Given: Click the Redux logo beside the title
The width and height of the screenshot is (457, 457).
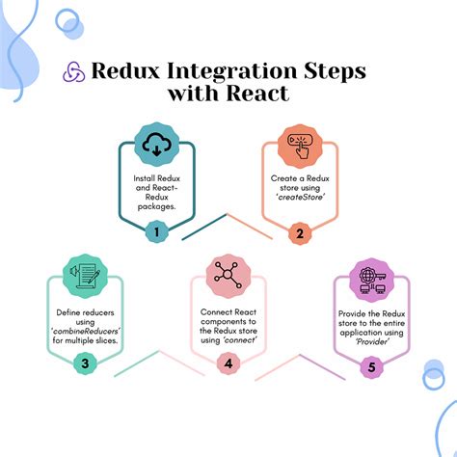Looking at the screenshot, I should point(73,72).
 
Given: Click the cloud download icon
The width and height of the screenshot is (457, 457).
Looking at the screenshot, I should point(156,145).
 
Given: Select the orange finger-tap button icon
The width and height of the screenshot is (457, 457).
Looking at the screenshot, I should point(299,145).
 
